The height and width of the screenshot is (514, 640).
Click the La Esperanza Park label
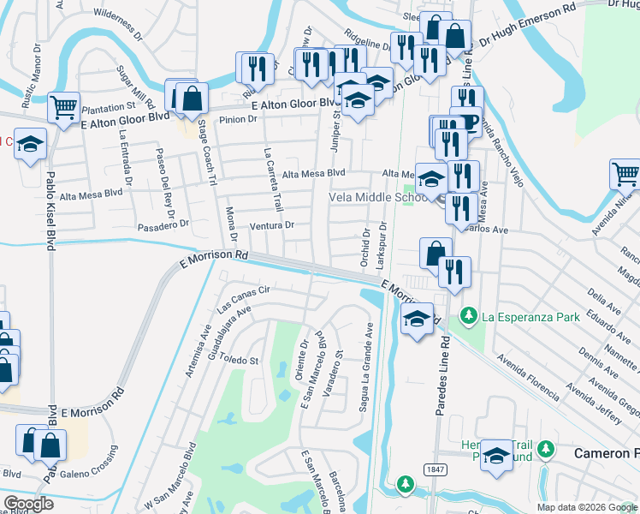(x=530, y=317)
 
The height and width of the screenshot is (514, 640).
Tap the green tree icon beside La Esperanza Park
(x=468, y=317)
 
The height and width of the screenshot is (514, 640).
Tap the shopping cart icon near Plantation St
(x=64, y=108)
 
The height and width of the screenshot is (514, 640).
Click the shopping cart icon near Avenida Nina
(x=625, y=175)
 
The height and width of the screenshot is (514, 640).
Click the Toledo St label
(x=241, y=362)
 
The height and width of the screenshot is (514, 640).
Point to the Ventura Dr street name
(x=271, y=225)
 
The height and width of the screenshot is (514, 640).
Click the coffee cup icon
(x=465, y=122)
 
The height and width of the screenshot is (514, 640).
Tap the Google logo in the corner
(x=29, y=504)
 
